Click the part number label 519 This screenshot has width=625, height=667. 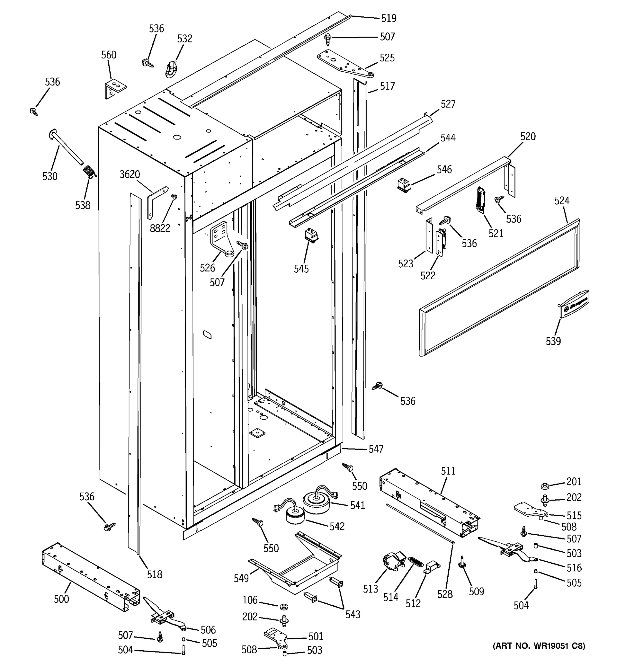(389, 18)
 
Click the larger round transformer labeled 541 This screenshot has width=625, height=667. (316, 502)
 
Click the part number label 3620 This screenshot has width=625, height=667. (130, 175)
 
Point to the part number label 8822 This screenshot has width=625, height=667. (160, 228)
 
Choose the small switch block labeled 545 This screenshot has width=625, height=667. (311, 235)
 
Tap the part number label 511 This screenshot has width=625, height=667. (448, 471)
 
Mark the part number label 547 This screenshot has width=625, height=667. (376, 449)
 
